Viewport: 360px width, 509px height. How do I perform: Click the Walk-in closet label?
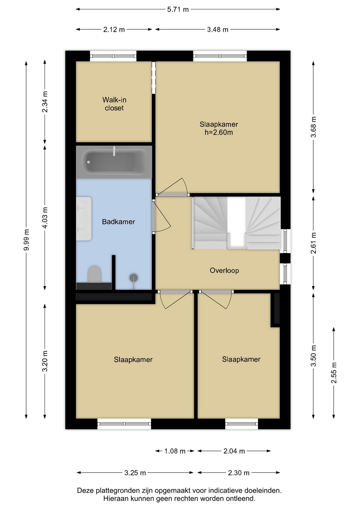(114, 104)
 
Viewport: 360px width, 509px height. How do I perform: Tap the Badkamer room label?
(118, 222)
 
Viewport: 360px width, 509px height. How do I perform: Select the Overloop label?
(224, 270)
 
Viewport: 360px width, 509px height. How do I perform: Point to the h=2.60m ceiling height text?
(219, 132)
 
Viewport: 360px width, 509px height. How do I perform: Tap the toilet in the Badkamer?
(94, 274)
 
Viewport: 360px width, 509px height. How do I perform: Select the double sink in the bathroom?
(84, 218)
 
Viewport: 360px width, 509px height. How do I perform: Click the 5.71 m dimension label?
(178, 10)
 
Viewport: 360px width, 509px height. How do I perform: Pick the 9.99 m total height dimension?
(27, 240)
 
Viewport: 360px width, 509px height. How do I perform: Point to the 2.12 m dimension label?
(114, 30)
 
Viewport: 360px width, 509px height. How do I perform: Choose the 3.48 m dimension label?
(217, 30)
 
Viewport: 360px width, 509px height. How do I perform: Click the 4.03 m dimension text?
(45, 218)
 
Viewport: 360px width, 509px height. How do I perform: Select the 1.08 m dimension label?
(175, 451)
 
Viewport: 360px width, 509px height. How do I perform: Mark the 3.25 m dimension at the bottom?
(135, 473)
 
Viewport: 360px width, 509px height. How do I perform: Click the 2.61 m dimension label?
(313, 243)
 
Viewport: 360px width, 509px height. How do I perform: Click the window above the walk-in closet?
(113, 56)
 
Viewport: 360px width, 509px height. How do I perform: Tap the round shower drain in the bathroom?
(134, 278)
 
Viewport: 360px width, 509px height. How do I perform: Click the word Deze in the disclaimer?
(86, 491)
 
